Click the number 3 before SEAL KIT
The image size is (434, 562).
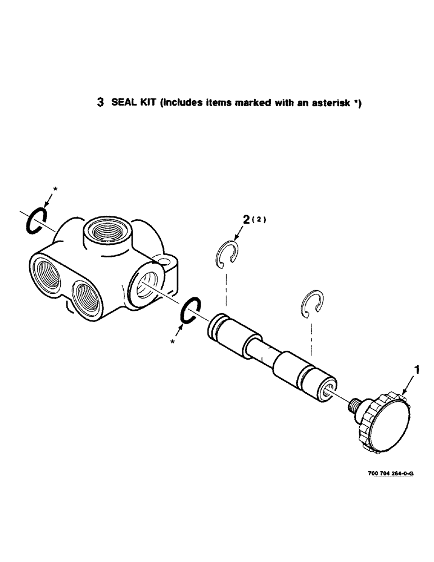point(101,103)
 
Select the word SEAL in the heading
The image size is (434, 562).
point(123,103)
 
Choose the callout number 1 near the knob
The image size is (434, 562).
point(417,370)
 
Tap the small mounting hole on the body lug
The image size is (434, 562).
point(165,260)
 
